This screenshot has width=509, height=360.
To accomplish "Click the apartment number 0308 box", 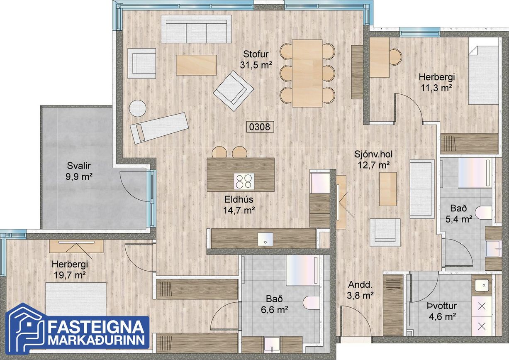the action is click(260, 127).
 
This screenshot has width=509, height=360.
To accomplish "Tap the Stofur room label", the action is click(256, 54).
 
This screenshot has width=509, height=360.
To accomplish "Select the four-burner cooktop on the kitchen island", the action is click(244, 181).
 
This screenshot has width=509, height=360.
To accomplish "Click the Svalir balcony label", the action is click(79, 166).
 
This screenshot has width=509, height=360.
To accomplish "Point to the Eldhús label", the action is click(239, 199).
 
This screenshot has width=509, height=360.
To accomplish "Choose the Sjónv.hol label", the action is click(374, 154).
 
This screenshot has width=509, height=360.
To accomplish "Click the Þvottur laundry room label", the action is click(442, 306).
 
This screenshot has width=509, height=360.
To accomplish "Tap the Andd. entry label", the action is click(360, 284).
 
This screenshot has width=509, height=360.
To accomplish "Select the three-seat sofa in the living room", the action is click(196, 29).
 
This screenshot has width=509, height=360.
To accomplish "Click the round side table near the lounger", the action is click(137, 108).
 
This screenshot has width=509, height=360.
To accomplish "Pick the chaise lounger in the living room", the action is click(159, 128).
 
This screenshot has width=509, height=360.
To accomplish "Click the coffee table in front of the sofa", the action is click(196, 65).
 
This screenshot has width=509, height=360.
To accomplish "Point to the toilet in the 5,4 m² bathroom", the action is click(484, 213).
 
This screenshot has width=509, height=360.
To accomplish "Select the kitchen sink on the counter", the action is click(265, 239).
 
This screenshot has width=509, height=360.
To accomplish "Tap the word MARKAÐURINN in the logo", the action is click(97, 340).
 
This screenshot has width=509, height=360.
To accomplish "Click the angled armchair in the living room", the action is click(234, 91).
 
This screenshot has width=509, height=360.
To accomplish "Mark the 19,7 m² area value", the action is click(70, 275).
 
